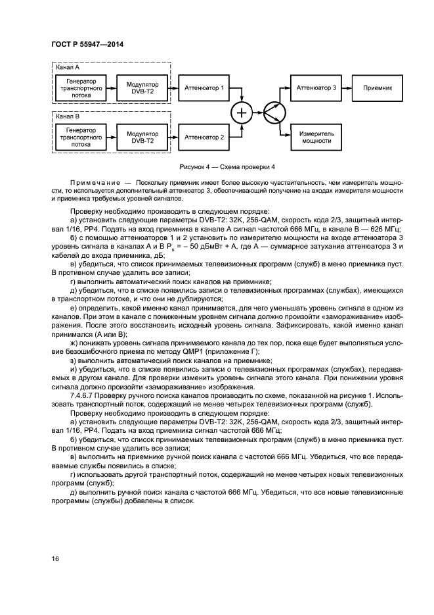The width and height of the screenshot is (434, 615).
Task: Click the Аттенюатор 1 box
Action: pos(204,87)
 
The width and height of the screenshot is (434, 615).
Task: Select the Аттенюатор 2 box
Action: pos(204,137)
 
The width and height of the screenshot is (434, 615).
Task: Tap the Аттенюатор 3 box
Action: pos(316,87)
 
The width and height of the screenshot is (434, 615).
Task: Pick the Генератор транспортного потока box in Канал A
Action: pos(81,87)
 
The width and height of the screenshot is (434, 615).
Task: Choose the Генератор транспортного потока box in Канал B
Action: pos(81,137)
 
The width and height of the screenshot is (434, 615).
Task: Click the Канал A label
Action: pos(66,67)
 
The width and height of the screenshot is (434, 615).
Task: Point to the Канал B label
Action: pos(66,117)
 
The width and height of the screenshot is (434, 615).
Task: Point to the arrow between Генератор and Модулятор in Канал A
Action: pos(111,87)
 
